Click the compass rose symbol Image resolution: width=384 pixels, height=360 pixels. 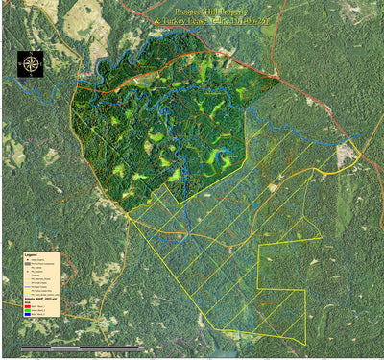31,65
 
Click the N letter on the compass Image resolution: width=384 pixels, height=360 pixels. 31,55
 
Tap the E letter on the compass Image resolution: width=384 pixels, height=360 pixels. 41,65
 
